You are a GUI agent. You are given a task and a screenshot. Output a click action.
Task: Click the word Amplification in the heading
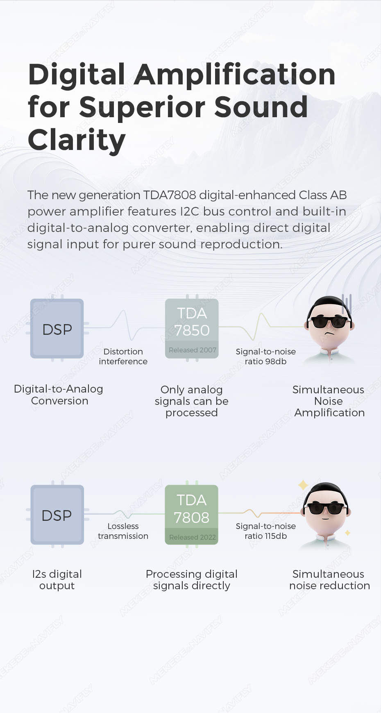pyautogui.click(x=235, y=75)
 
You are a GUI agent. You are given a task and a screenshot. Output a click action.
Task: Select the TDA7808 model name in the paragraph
pyautogui.click(x=169, y=195)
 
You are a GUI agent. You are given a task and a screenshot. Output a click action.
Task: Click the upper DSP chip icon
pyautogui.click(x=57, y=329)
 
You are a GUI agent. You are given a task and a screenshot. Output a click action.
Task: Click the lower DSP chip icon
pyautogui.click(x=57, y=515)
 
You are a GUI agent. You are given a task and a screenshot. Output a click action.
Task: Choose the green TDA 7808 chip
pyautogui.click(x=191, y=515)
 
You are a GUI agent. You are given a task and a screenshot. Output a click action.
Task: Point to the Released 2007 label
pyautogui.click(x=193, y=350)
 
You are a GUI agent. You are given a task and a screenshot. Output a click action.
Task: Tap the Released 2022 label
pyautogui.click(x=193, y=537)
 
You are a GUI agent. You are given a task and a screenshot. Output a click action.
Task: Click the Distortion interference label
pyautogui.click(x=123, y=356)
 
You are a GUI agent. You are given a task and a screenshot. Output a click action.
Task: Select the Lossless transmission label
pyautogui.click(x=123, y=531)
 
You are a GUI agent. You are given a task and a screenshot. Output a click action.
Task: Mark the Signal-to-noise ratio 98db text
pyautogui.click(x=265, y=356)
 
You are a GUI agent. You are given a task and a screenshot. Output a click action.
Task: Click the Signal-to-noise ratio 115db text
pyautogui.click(x=265, y=531)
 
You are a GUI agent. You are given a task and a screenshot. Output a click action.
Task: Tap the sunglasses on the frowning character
pyautogui.click(x=329, y=322)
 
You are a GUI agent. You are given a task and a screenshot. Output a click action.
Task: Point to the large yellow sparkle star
pyautogui.click(x=303, y=485)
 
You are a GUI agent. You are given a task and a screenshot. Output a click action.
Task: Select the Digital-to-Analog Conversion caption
pyautogui.click(x=59, y=395)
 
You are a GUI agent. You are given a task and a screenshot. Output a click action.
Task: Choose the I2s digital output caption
pyautogui.click(x=57, y=580)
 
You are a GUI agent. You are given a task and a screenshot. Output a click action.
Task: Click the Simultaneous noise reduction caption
pyautogui.click(x=329, y=580)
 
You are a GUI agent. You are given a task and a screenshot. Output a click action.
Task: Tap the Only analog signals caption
pyautogui.click(x=191, y=401)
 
